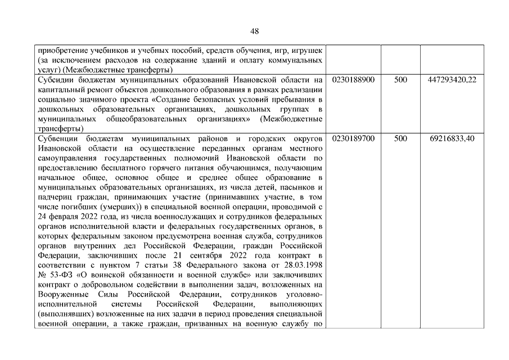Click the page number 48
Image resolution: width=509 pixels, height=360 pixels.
tap(254, 31)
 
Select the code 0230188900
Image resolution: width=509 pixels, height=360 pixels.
tap(353, 80)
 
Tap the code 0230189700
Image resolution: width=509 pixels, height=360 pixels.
tap(353, 138)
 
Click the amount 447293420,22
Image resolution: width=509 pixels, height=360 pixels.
tap(452, 80)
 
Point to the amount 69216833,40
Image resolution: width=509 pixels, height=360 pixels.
tap(452, 138)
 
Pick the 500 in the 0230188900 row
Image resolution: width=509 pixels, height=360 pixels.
tap(400, 80)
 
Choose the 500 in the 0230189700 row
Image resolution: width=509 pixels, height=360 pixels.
tap(400, 138)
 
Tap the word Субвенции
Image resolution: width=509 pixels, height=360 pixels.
tap(55, 138)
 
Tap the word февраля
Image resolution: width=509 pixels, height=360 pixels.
tap(63, 217)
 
